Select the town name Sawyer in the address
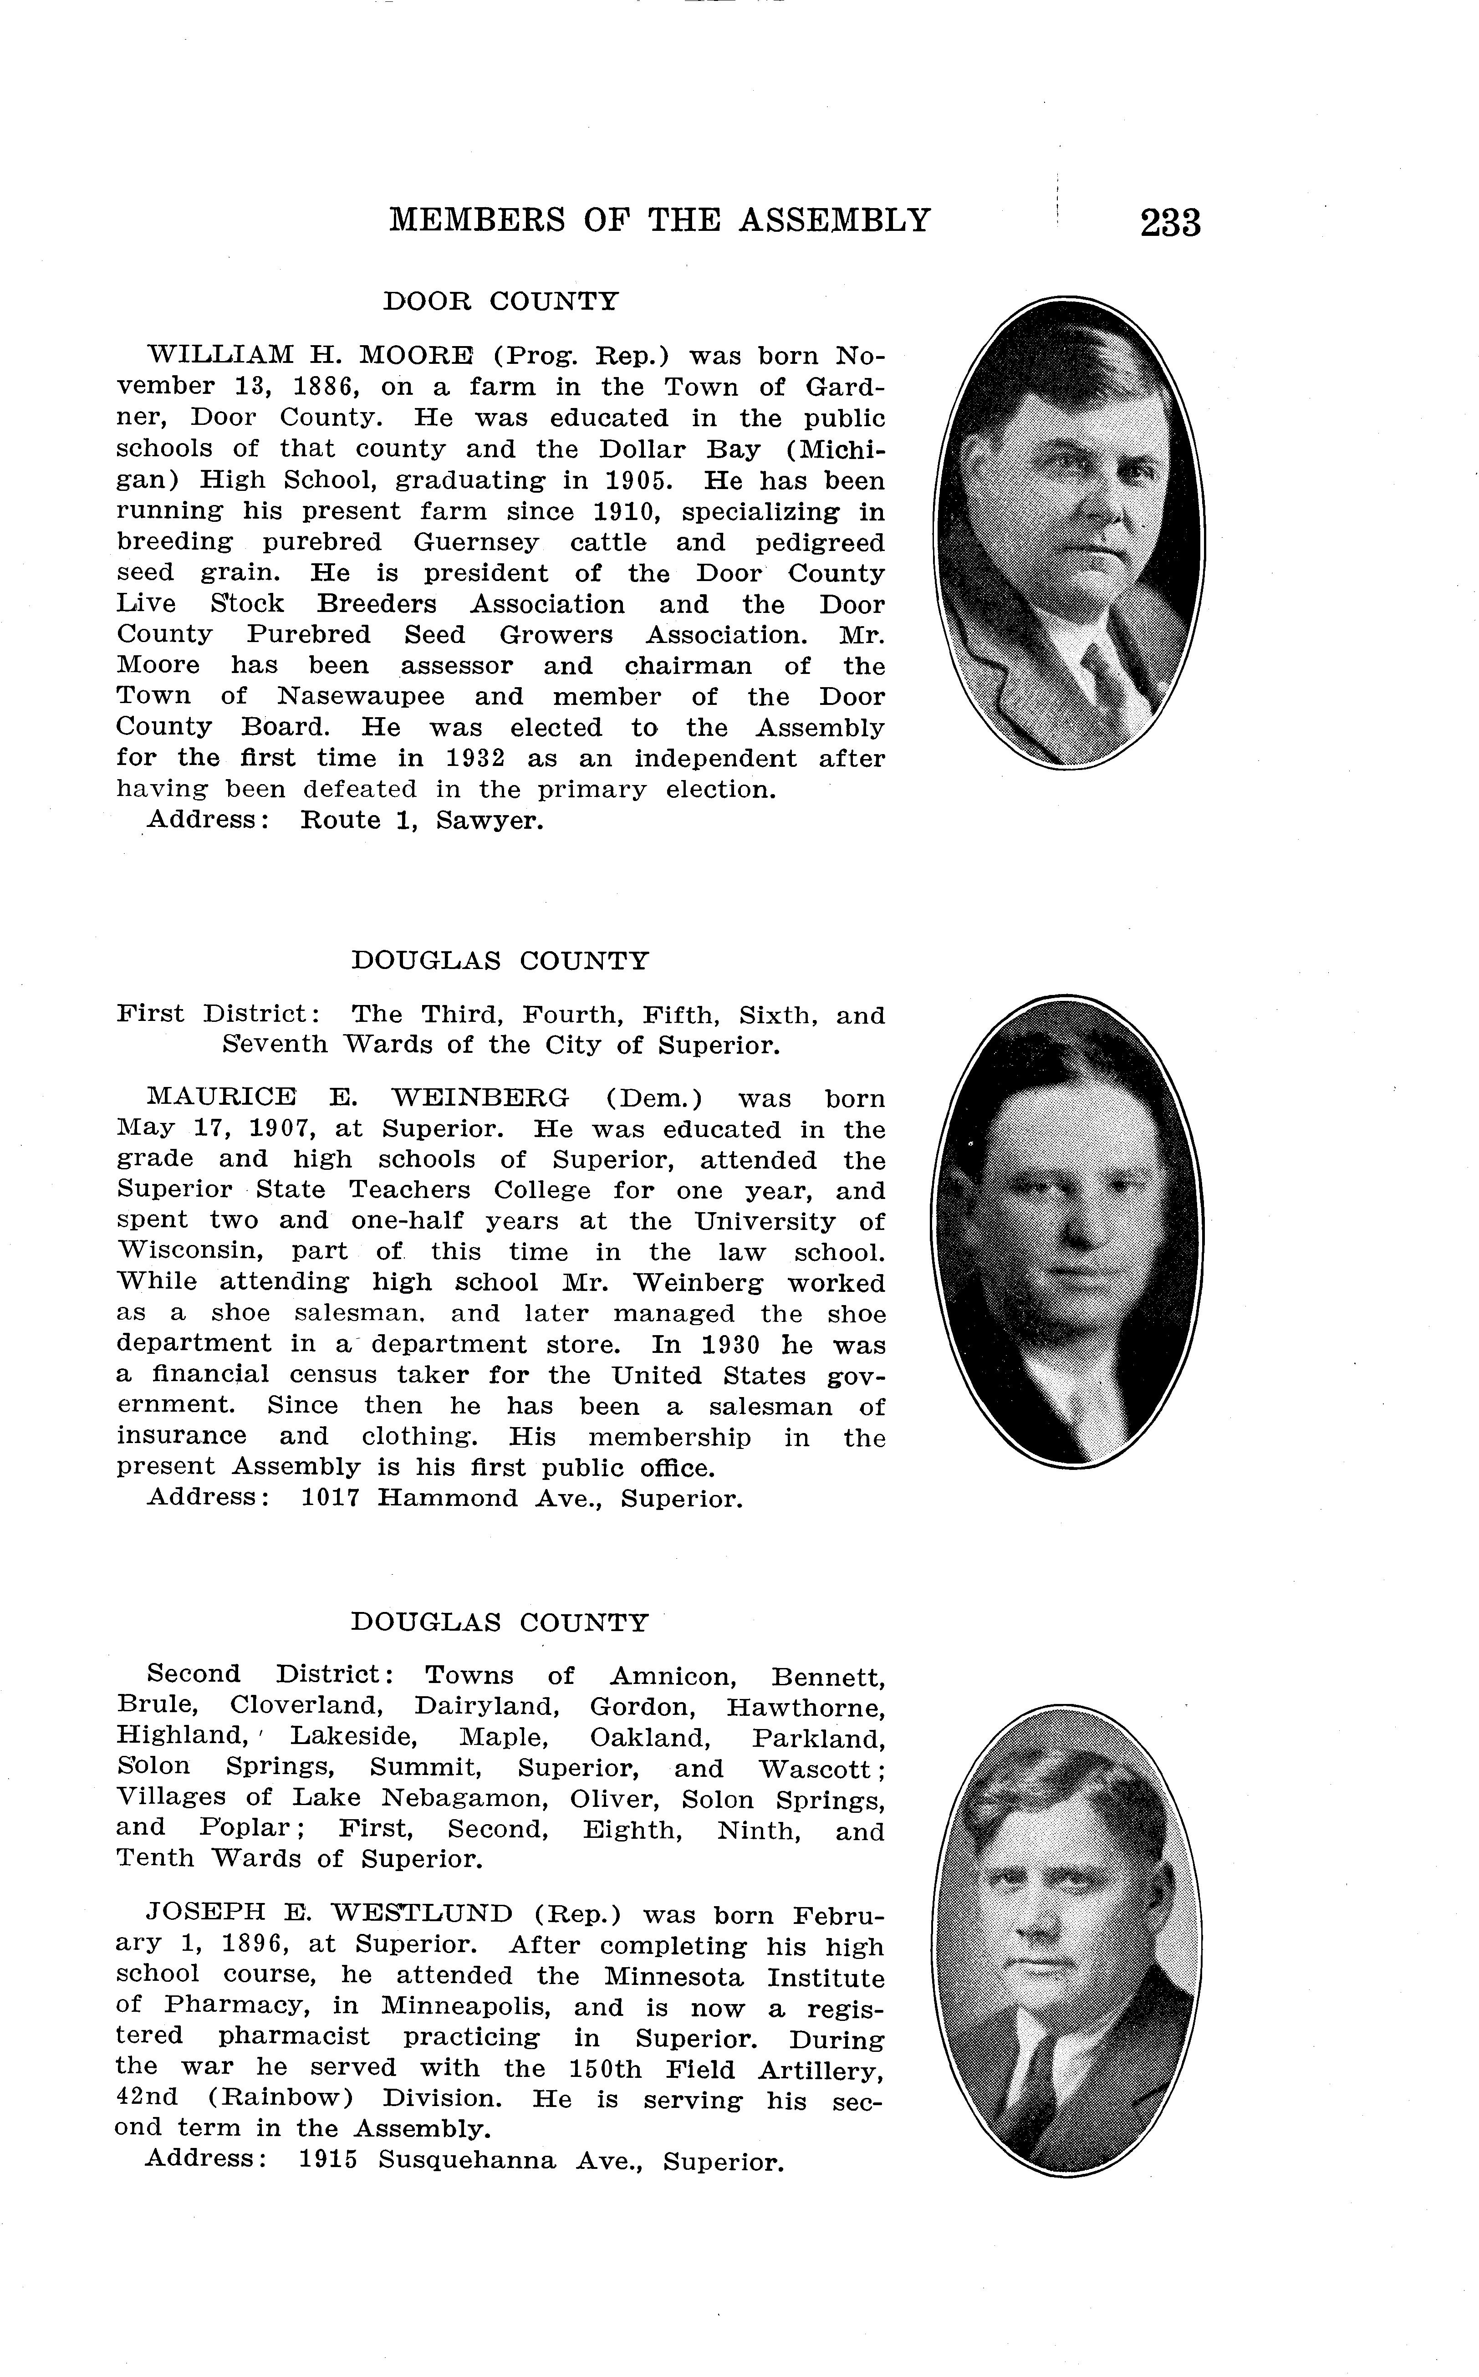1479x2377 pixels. click(489, 821)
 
